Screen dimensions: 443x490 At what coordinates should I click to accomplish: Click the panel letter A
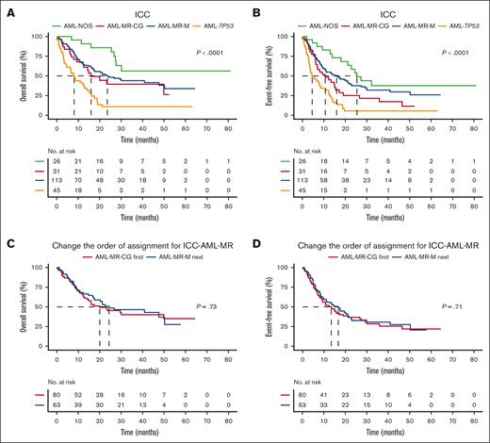tap(8, 8)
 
